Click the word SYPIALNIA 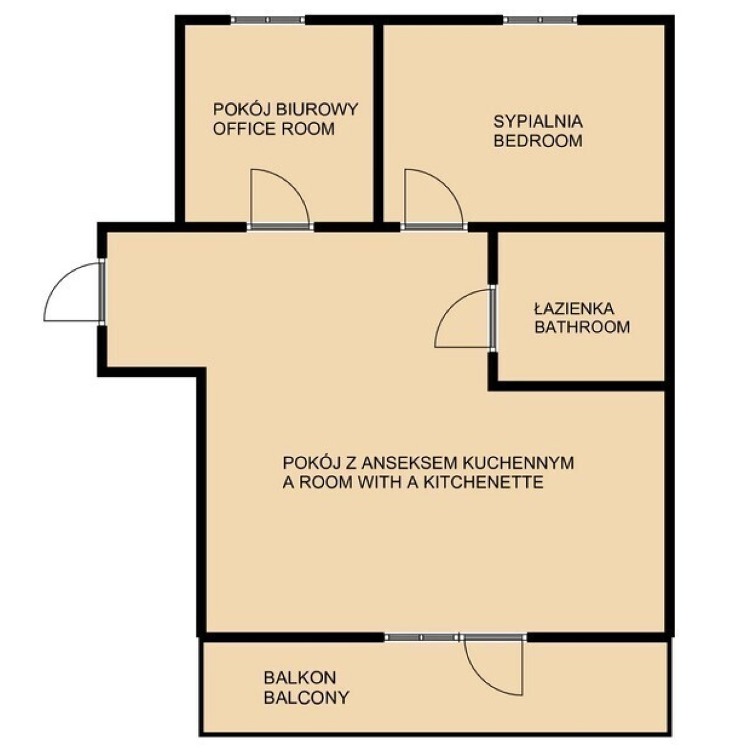(x=537, y=122)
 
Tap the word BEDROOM (x=537, y=141)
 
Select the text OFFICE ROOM (x=274, y=129)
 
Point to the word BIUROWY (x=317, y=110)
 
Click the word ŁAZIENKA (x=574, y=309)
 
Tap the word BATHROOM (x=582, y=327)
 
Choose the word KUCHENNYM (x=514, y=463)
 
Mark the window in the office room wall (x=268, y=20)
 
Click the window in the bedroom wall (x=540, y=20)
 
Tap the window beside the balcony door (x=422, y=638)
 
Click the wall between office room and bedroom (x=378, y=123)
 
